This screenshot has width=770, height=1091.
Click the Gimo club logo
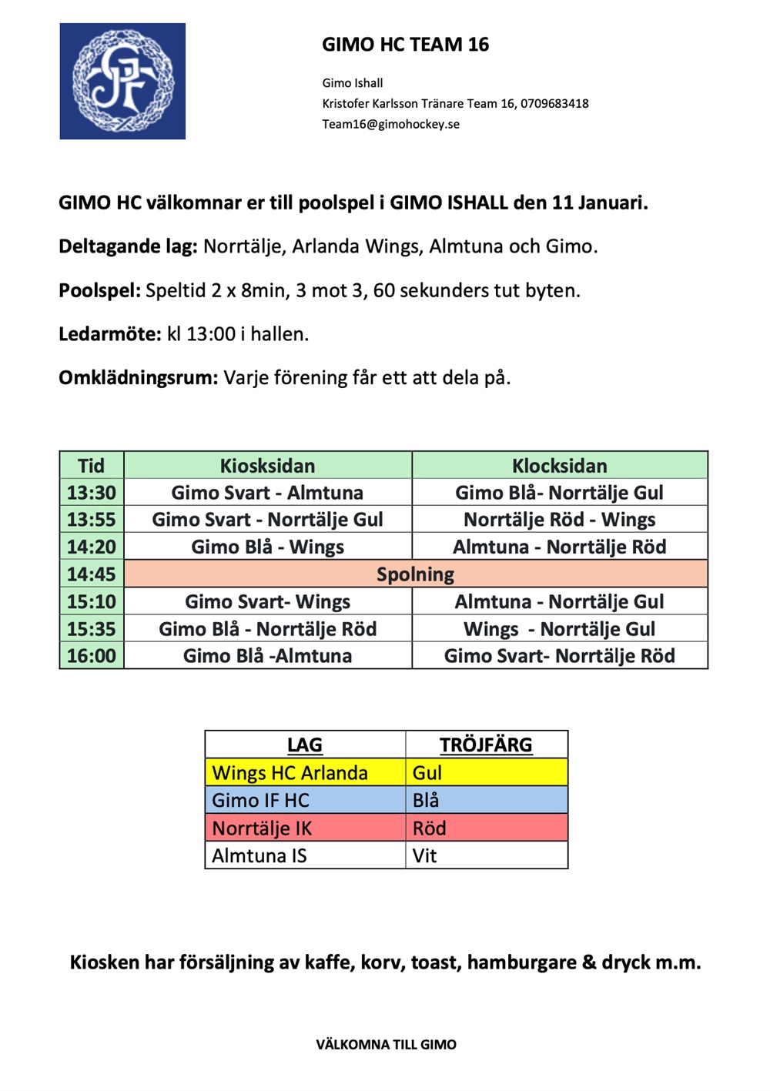point(122,81)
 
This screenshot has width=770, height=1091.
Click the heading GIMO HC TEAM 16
point(405,45)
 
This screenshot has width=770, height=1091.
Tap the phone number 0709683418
point(554,103)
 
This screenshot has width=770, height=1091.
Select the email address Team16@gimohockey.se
point(390,124)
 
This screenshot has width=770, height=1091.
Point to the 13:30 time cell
point(91,493)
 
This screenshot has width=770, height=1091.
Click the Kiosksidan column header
point(267,466)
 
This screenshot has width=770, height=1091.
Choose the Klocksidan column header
point(559,466)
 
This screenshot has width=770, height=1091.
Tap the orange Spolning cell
point(415,574)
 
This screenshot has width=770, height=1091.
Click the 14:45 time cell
point(91,574)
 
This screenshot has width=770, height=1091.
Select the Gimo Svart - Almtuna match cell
point(267,493)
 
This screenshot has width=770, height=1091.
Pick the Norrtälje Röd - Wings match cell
point(559,520)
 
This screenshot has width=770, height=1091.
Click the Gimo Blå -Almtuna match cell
point(267,656)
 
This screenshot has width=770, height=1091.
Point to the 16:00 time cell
point(91,656)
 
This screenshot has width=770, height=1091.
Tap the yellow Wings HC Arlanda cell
point(305,772)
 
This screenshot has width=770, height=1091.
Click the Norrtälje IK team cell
point(305,828)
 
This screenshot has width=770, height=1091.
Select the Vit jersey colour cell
point(486,855)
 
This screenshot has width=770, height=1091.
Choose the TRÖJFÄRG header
point(486,745)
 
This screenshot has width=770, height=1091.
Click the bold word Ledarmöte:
point(109,334)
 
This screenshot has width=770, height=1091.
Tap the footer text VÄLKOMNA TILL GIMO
point(386,1045)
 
